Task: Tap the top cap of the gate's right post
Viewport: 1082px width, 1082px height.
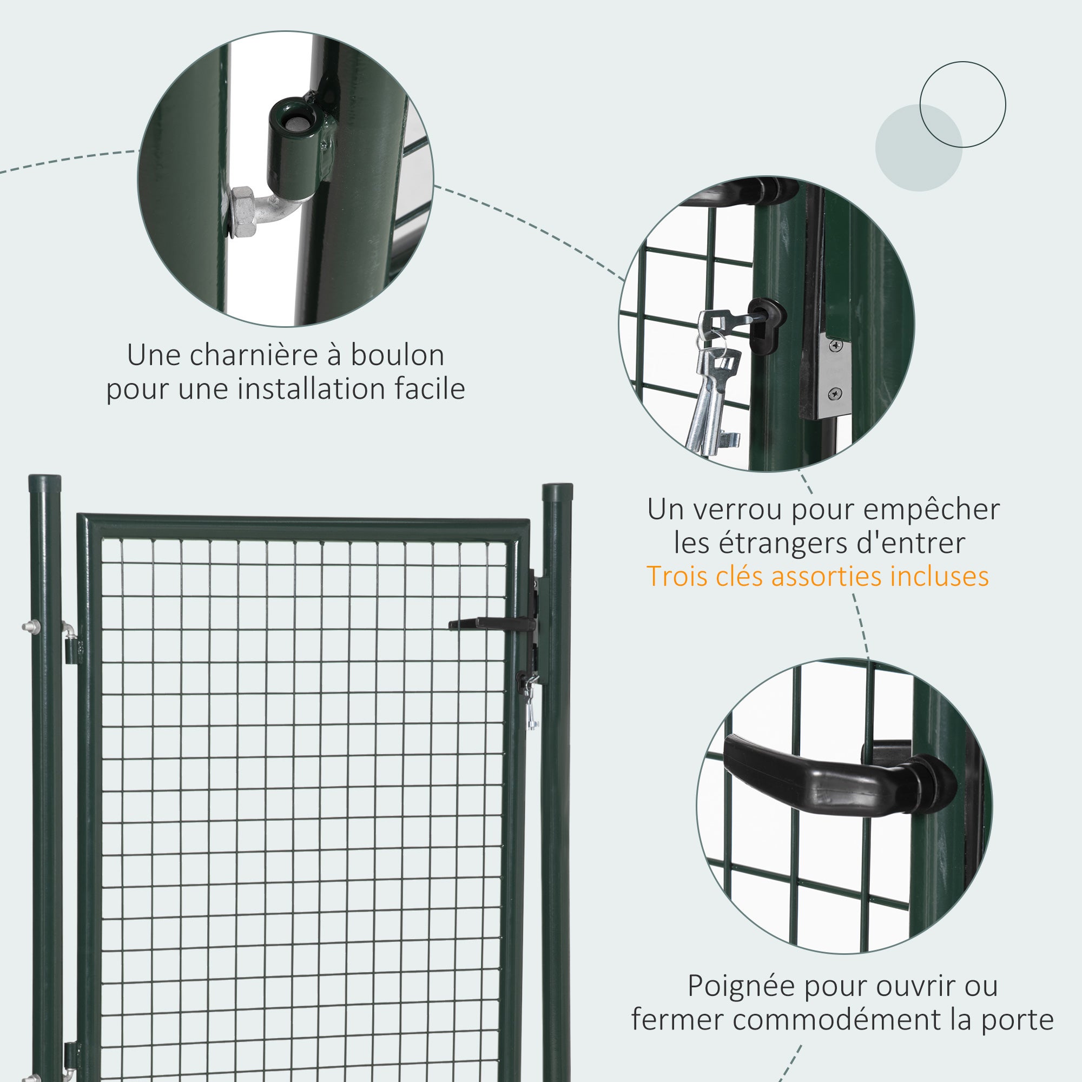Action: pyautogui.click(x=557, y=489)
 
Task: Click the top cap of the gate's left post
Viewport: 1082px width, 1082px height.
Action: pyautogui.click(x=45, y=480)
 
